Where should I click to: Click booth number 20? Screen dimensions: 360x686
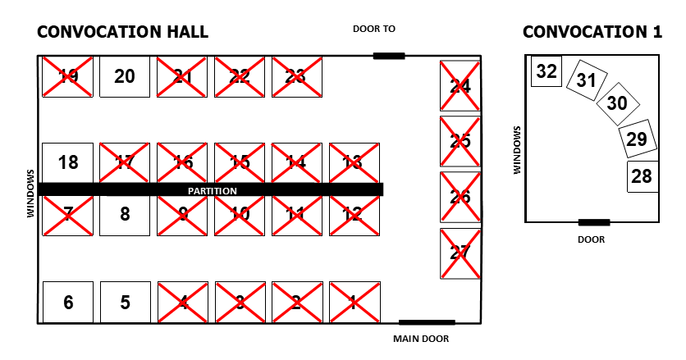[125, 77]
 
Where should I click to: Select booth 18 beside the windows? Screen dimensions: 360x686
[68, 162]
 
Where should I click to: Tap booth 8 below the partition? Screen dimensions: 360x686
[125, 215]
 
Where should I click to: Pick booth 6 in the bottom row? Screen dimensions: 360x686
[68, 303]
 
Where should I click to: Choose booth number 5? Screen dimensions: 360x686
[125, 303]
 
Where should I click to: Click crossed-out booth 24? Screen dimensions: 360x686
[460, 85]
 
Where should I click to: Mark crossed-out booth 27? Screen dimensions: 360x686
[460, 253]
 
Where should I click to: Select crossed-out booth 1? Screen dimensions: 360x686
[354, 303]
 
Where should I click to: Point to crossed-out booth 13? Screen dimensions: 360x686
[354, 162]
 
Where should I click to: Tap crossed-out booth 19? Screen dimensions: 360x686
[68, 77]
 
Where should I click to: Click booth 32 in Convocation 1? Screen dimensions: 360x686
[546, 72]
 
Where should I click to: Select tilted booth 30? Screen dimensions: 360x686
[617, 103]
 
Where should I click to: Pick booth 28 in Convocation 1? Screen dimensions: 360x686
[642, 176]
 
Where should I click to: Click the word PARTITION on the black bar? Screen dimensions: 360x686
[213, 191]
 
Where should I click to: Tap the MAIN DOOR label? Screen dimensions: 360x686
[421, 339]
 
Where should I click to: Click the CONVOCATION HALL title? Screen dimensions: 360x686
[123, 32]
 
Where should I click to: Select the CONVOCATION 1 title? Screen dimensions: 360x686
[592, 32]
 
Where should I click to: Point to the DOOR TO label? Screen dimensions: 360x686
[374, 29]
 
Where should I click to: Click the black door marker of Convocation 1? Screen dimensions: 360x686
[593, 222]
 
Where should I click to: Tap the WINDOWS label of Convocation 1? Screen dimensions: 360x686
[517, 150]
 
